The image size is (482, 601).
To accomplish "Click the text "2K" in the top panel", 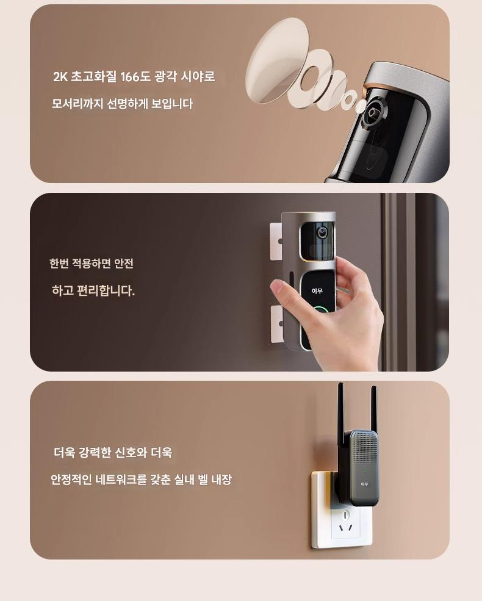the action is [60, 77].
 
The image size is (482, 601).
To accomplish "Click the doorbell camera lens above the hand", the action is [322, 232].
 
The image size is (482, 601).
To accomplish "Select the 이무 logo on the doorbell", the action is [317, 291].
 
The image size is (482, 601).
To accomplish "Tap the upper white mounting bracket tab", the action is [276, 242].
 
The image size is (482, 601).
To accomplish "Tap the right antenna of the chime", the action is [373, 409].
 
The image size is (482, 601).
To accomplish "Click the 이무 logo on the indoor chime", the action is [364, 484].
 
